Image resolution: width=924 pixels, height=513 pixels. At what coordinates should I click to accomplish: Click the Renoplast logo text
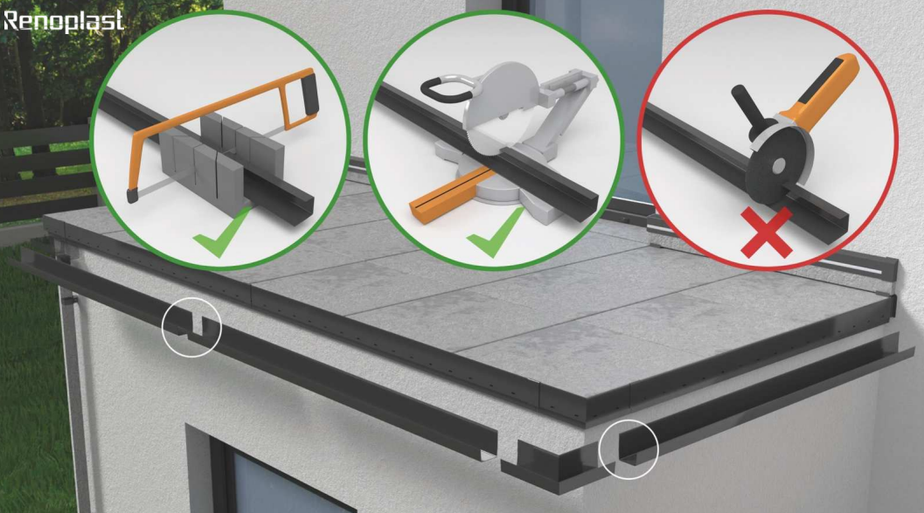[63, 21]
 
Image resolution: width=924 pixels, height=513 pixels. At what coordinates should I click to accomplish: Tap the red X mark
[767, 233]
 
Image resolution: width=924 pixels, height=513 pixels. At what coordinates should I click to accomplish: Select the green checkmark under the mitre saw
[495, 232]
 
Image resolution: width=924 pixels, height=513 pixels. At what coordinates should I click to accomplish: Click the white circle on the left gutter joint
[191, 328]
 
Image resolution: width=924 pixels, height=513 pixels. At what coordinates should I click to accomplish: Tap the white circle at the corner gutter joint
[629, 449]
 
